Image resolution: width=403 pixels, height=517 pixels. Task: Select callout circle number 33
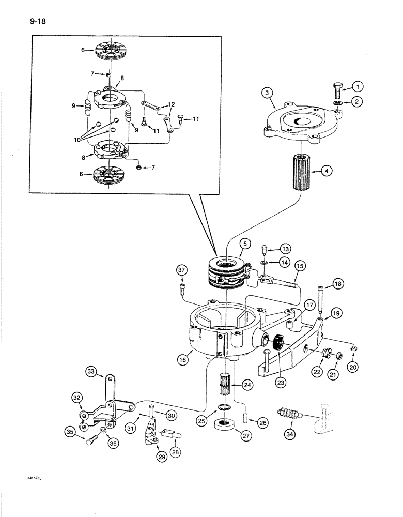(91, 371)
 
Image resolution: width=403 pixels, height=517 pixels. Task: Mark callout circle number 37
(181, 270)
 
